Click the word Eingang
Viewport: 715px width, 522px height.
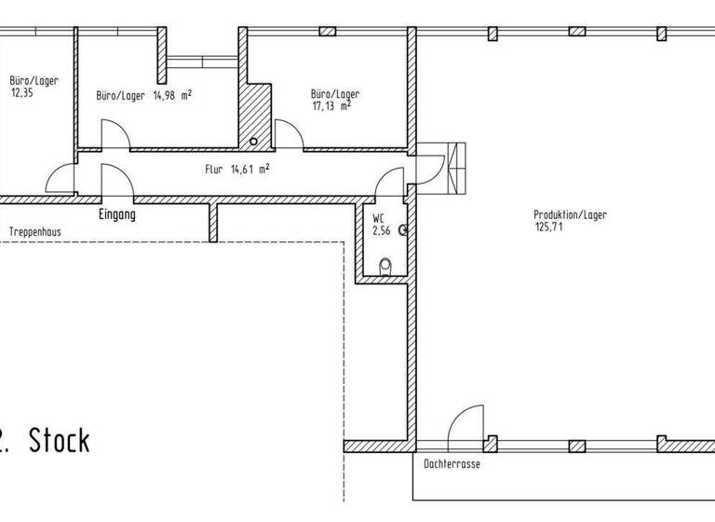[117, 214]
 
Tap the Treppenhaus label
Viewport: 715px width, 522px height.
[35, 232]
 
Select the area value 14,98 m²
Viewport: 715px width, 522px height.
[172, 95]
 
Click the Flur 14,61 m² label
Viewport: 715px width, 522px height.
[237, 170]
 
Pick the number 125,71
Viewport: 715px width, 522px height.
[548, 227]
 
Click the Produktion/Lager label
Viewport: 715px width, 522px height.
[570, 214]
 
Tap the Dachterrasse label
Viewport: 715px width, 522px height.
[452, 464]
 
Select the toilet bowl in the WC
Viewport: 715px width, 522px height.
[385, 267]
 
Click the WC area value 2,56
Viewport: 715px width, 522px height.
[381, 230]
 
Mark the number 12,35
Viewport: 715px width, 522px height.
[21, 93]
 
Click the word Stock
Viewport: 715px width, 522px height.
[60, 441]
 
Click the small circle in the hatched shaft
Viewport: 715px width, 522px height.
[253, 142]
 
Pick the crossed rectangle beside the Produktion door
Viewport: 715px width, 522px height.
[456, 168]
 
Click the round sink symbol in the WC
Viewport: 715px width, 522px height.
[402, 230]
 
